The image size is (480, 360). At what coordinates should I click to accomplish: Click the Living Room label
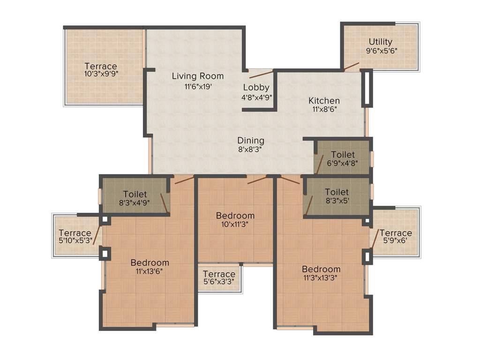pos(197,76)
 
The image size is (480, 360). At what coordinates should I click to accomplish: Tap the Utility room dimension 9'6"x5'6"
pos(382,51)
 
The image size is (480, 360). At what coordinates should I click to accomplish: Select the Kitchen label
pos(324,100)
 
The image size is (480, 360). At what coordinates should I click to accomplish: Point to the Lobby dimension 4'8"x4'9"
pos(256,97)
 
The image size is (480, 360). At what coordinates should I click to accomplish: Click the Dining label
pos(250,141)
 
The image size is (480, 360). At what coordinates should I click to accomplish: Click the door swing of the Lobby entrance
pos(261,74)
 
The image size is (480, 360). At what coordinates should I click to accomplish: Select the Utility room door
pos(351,67)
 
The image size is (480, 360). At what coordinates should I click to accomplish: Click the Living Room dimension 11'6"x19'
pos(197,86)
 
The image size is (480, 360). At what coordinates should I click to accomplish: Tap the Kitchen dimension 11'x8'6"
pos(324,109)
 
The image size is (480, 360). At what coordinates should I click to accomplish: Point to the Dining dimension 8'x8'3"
pos(250,150)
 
